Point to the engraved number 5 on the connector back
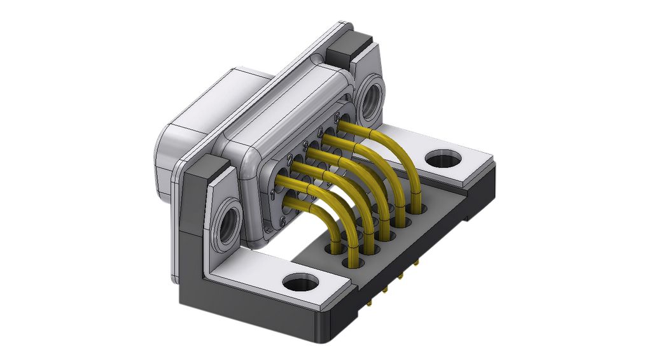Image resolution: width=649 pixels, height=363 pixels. [x=337, y=117]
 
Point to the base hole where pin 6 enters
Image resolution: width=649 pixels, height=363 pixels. [x=335, y=248]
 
